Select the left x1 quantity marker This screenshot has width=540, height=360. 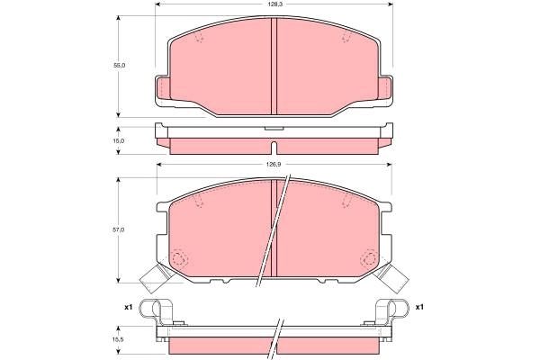pos(129,307)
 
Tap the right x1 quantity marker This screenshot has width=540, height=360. pos(419,307)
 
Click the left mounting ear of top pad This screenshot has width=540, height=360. pos(163,89)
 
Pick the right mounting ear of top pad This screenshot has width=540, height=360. pos(385,89)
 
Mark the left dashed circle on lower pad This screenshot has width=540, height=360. pos(179,259)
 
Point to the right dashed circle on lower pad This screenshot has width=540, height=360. pos(369,259)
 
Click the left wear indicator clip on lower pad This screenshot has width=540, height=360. pos(159,278)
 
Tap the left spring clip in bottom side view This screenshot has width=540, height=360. pos(162,312)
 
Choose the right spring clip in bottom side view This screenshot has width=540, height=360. pos(386,312)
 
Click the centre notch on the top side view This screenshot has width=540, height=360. pos(274,132)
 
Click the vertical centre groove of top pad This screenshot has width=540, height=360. pos(274,63)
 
